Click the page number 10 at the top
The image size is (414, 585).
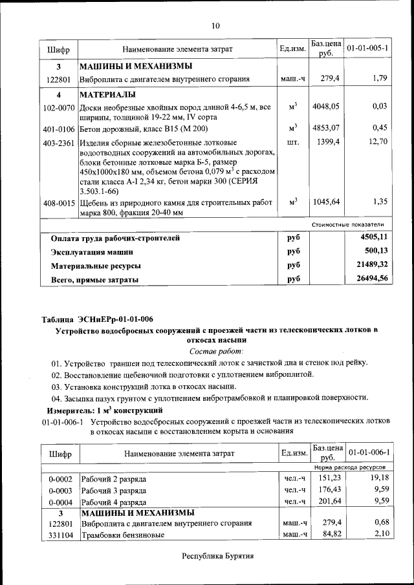(x=215, y=26)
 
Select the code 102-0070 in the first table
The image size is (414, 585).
(x=59, y=107)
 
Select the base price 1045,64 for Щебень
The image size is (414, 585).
(x=326, y=202)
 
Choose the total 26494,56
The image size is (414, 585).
(x=371, y=279)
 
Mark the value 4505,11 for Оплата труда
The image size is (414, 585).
(x=374, y=237)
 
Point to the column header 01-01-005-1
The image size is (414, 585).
(x=367, y=48)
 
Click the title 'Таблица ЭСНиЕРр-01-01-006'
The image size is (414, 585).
(x=98, y=319)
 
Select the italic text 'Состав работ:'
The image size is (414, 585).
(x=216, y=351)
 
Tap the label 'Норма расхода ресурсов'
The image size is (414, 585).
(x=350, y=466)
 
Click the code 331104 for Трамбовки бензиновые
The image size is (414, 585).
(x=59, y=535)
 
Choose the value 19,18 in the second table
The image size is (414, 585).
(x=376, y=478)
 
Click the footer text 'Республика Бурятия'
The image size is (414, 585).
(x=217, y=556)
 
